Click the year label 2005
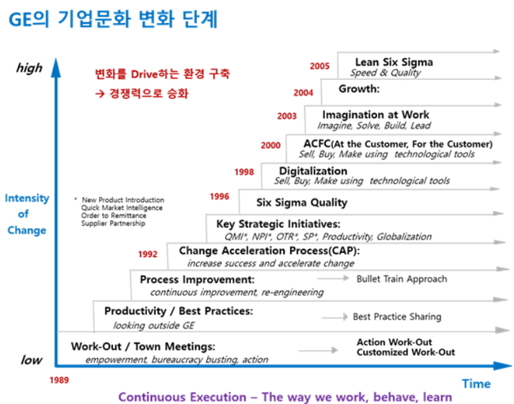pos(319,66)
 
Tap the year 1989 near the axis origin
pos(59,380)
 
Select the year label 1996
pos(219,196)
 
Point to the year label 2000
pos(270,145)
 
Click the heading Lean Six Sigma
pos(394,62)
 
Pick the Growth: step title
pos(359,89)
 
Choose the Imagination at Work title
pos(376,115)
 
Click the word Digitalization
pos(313,171)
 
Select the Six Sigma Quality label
pos(301,202)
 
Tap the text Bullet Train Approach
pos(402,279)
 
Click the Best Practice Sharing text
pos(397,316)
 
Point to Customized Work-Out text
pos(406,353)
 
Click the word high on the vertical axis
pos(29,68)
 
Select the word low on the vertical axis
pos(32,360)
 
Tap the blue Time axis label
pos(476,383)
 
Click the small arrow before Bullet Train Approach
pos(333,278)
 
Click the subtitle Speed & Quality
pos(386,73)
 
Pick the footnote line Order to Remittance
pos(114,216)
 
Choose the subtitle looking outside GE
pos(153,326)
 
